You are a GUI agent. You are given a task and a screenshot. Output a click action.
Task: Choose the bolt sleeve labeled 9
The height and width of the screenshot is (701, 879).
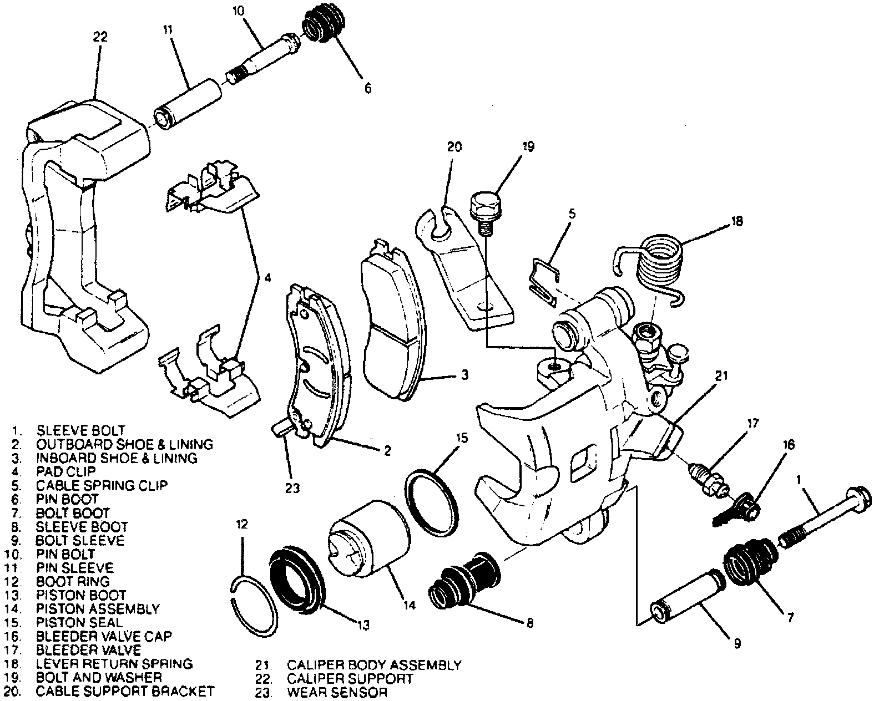click(x=686, y=596)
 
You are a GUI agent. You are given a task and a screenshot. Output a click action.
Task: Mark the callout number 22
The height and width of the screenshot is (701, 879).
click(x=100, y=37)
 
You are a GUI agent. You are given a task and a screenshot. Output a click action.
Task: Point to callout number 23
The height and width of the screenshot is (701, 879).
click(x=292, y=488)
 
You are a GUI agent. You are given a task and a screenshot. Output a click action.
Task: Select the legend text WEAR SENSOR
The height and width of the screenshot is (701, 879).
click(x=337, y=692)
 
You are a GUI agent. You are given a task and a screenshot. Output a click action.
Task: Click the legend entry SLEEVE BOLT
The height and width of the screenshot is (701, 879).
click(x=80, y=430)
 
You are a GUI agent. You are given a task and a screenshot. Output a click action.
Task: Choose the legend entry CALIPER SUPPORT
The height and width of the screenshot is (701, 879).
click(x=350, y=678)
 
